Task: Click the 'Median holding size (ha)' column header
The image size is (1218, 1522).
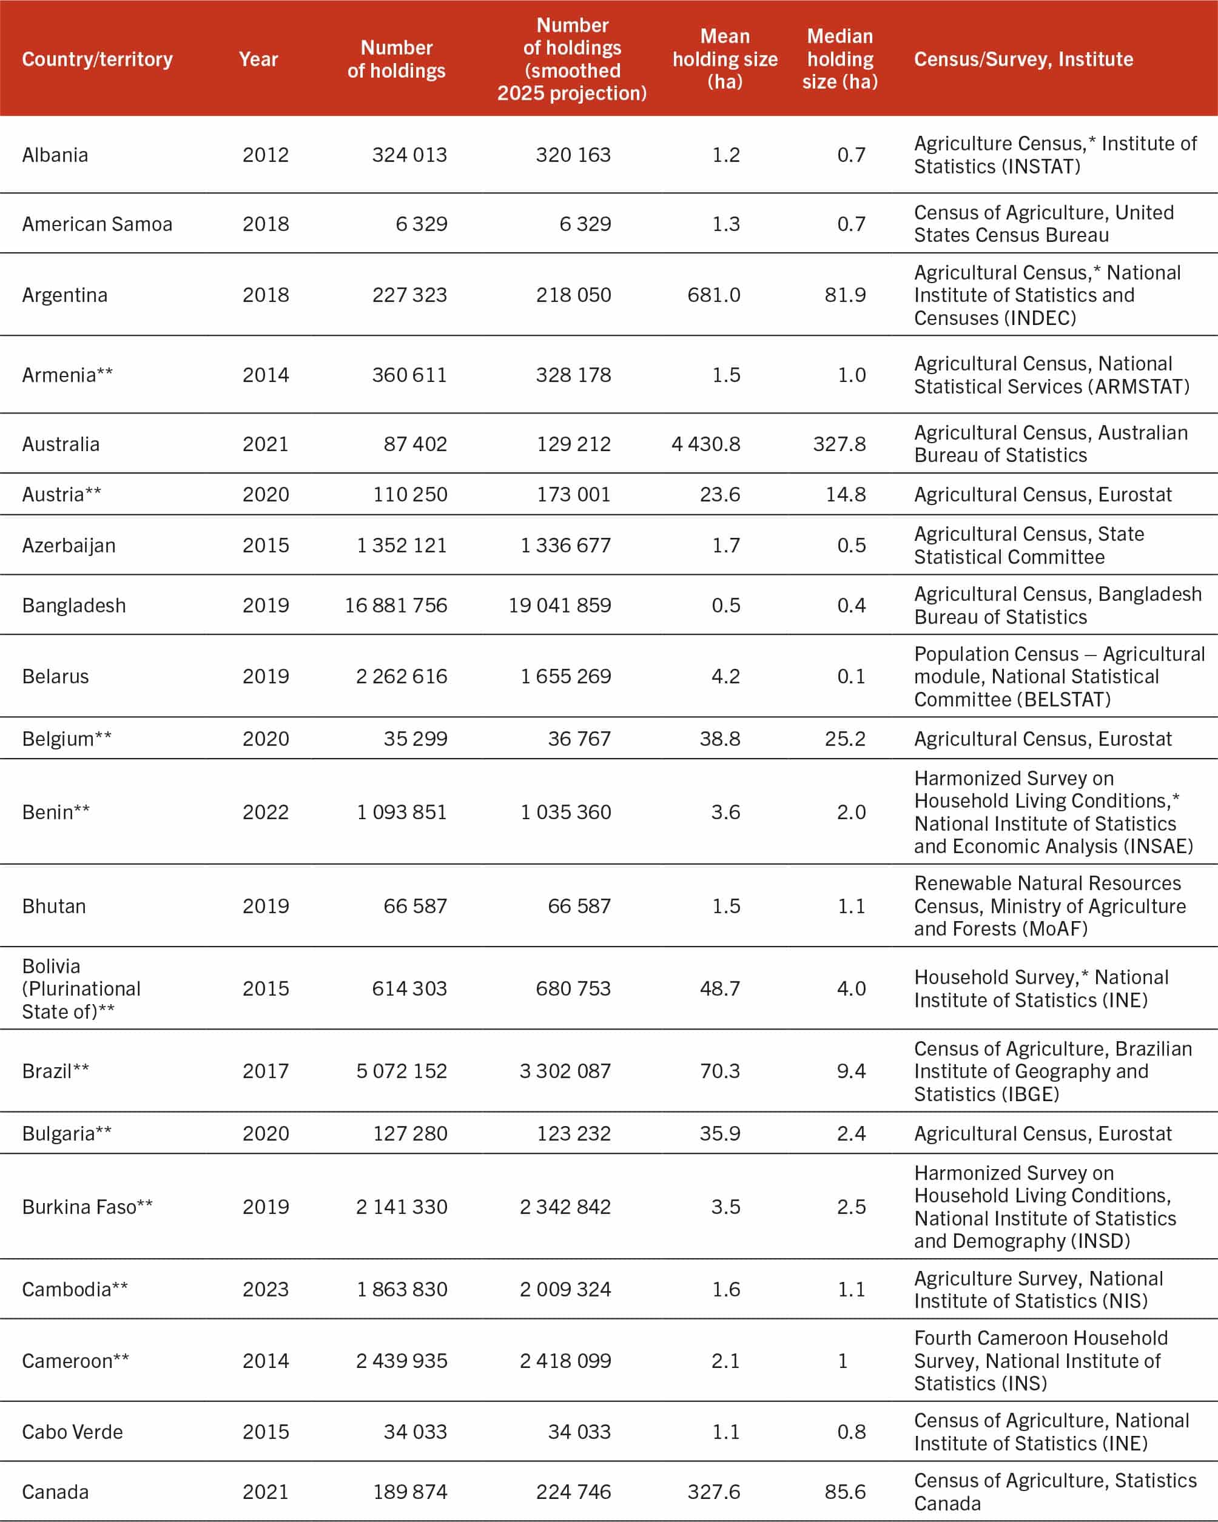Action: pos(839,59)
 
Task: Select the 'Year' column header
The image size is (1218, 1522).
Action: pos(258,59)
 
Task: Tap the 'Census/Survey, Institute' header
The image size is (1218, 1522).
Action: pos(1023,59)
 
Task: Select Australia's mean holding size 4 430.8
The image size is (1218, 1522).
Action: pos(705,444)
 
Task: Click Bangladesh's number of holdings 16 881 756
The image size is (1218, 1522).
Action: pos(395,605)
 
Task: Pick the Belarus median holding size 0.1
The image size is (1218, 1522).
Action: pos(851,676)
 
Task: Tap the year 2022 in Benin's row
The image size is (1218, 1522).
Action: pos(266,812)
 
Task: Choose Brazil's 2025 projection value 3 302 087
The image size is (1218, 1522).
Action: pos(565,1071)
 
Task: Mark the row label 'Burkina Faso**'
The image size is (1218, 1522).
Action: pos(87,1207)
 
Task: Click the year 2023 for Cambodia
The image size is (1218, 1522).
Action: pos(266,1289)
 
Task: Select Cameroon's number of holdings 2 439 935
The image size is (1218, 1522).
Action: pos(401,1360)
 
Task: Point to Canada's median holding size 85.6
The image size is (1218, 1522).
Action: pos(844,1492)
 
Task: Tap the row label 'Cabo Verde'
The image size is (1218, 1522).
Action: pos(72,1432)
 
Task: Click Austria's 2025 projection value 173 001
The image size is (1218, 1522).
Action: pos(573,494)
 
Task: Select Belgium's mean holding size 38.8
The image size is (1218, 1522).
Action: pos(719,739)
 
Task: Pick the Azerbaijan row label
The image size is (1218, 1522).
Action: pos(69,545)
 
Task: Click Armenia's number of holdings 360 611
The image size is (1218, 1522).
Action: pos(409,375)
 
